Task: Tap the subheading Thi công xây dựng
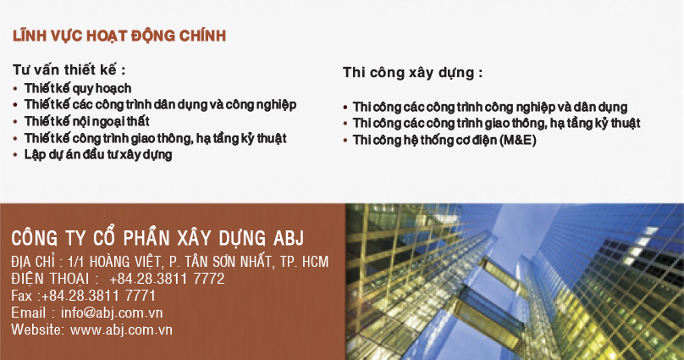pos(413,73)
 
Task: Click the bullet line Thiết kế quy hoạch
pos(78,88)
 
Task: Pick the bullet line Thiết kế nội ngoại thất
pos(87,121)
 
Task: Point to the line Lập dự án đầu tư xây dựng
pos(98,154)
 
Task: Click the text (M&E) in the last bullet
pos(517,140)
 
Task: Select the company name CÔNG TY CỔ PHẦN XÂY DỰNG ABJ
pos(157,236)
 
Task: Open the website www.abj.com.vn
pos(122,330)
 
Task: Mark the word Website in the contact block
pos(36,330)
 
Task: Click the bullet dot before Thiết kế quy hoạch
pos(16,89)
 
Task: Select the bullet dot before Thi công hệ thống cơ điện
pos(345,141)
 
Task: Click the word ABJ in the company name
pos(288,236)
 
